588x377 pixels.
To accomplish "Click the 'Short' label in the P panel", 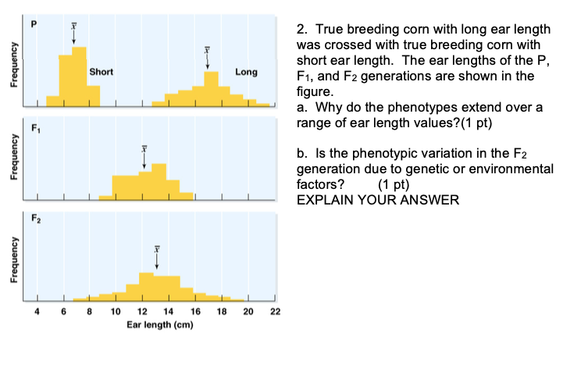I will tap(102, 72).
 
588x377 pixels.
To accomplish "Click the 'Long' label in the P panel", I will tap(246, 72).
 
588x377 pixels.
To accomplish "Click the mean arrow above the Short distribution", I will tap(73, 33).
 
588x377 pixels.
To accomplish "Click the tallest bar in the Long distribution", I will tap(211, 88).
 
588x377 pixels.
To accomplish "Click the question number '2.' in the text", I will tap(302, 29).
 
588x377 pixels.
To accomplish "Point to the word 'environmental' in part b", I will tap(511, 169).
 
